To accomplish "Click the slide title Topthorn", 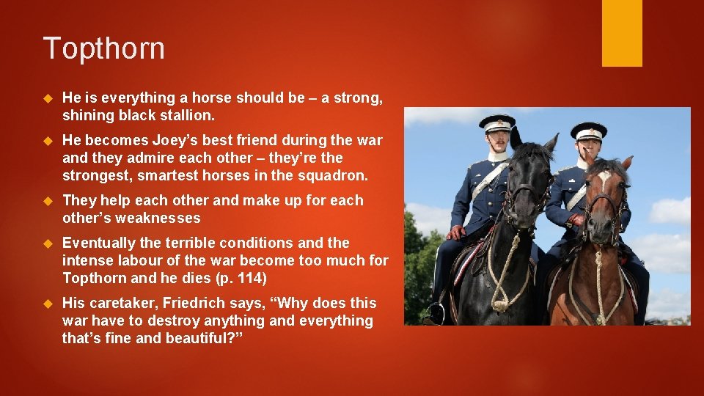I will (x=104, y=49).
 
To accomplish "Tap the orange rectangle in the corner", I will (x=622, y=32).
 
